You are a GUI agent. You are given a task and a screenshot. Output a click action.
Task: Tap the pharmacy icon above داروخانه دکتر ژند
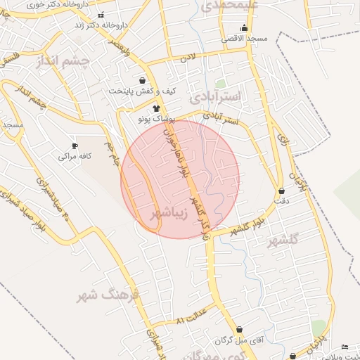click(x=101, y=15)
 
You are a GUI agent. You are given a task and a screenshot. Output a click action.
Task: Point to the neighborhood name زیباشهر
click(x=169, y=213)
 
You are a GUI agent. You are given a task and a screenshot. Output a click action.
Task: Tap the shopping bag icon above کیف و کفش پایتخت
click(x=143, y=81)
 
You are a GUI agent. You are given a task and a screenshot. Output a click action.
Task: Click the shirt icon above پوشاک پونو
click(x=155, y=108)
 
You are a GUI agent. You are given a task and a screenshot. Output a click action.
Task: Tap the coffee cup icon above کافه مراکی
click(x=75, y=146)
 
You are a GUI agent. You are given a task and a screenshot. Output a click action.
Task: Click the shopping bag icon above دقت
click(x=282, y=191)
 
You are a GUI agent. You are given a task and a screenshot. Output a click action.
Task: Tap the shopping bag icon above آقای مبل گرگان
click(x=240, y=329)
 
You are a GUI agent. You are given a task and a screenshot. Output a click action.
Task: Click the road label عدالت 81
click(x=191, y=316)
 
